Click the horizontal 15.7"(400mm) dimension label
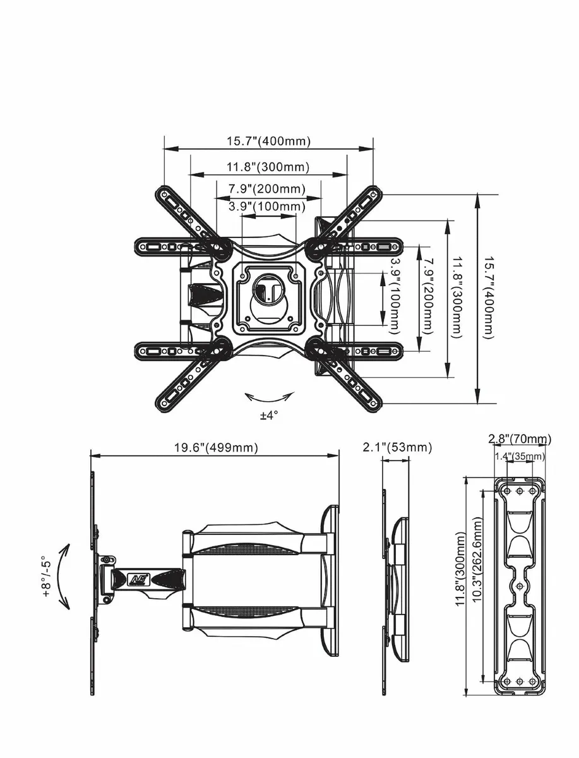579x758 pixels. coord(268,141)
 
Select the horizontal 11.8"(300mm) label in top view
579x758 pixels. coord(268,167)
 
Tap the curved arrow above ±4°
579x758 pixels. coord(270,397)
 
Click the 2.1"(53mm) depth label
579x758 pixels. coord(398,447)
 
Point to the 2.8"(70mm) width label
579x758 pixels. coord(520,439)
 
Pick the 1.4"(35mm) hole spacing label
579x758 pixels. coord(520,456)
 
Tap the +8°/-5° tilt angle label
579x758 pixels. coord(45,577)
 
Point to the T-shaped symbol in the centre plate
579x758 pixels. coord(265,292)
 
